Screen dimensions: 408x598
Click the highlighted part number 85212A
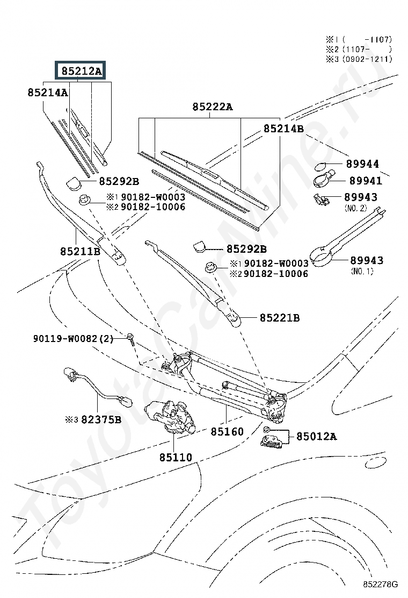(82, 71)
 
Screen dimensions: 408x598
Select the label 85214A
(48, 92)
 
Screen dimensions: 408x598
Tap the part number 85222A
(213, 107)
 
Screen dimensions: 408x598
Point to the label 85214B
(283, 129)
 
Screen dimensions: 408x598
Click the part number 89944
(362, 164)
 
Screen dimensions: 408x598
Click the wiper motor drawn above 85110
(170, 417)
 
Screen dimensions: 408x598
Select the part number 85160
(227, 431)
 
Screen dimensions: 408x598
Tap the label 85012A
(317, 436)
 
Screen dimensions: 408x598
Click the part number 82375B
(101, 419)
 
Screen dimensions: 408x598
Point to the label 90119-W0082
(65, 339)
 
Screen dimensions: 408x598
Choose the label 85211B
(81, 251)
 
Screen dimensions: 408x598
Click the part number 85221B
(280, 318)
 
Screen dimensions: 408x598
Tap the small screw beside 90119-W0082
(131, 339)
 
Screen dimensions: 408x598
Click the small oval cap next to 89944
(321, 166)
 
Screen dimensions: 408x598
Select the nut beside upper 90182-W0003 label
(84, 200)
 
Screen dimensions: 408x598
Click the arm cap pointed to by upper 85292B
(74, 183)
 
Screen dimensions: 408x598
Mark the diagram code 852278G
(380, 584)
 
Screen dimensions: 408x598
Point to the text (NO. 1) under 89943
(362, 272)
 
